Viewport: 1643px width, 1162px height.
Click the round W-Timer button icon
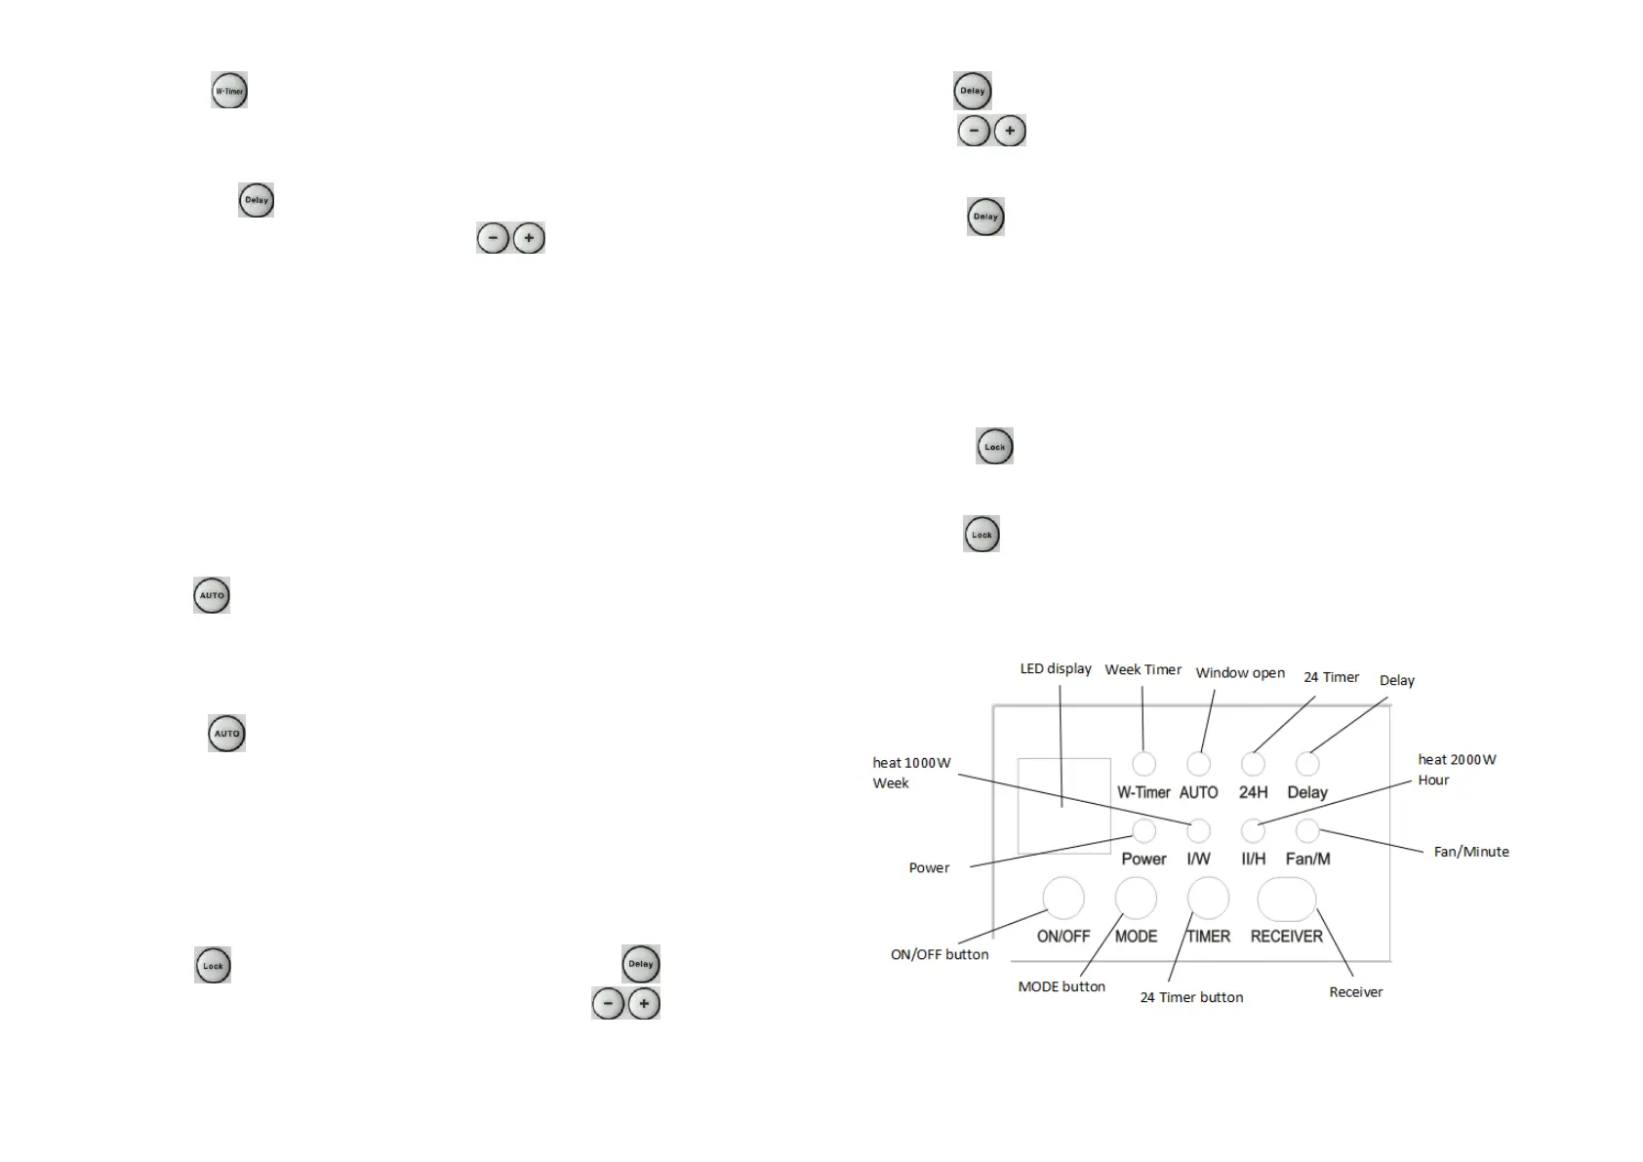pos(229,91)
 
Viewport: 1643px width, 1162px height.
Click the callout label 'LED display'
pos(1056,669)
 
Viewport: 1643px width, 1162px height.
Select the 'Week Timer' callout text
pos(1142,670)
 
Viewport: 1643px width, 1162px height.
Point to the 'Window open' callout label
pos(1240,673)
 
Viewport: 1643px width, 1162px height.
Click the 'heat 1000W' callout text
pos(911,763)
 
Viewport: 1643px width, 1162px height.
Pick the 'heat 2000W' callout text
pos(1457,760)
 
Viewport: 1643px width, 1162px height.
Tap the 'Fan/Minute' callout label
pos(1471,852)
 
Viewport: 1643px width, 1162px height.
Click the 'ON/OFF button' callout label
pos(940,954)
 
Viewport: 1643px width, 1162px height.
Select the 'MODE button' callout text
pos(1062,986)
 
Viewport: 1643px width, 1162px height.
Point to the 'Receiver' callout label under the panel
pos(1355,992)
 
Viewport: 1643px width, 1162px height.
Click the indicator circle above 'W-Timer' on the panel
pos(1143,764)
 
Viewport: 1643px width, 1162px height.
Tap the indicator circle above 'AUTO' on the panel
pos(1198,764)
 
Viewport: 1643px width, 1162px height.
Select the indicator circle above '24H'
pos(1253,764)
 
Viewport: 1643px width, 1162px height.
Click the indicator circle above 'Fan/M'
pos(1307,830)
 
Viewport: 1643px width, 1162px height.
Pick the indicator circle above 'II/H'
pos(1253,830)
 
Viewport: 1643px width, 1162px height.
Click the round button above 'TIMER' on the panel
pos(1208,898)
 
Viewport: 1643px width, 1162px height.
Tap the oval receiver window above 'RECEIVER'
pos(1287,899)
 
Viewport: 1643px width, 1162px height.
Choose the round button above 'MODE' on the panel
pos(1136,898)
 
